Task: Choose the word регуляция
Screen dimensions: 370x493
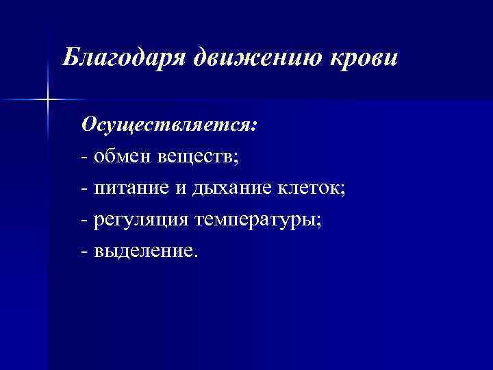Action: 142,219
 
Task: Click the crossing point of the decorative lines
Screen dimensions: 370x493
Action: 47,100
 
